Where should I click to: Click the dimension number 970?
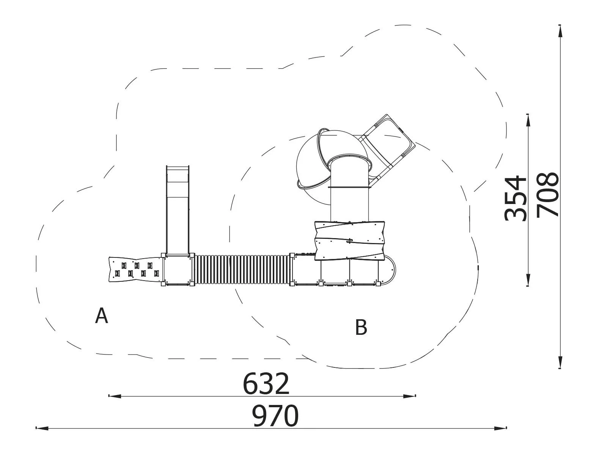click(276, 416)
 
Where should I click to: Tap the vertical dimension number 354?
click(515, 198)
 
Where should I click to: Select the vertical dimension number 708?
click(548, 195)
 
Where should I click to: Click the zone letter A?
click(101, 316)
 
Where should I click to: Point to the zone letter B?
click(361, 328)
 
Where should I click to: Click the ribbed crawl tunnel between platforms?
click(242, 270)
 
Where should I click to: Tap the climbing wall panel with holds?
click(135, 270)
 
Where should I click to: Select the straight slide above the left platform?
click(178, 210)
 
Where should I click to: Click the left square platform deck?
click(178, 270)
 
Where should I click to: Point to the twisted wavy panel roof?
click(350, 241)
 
